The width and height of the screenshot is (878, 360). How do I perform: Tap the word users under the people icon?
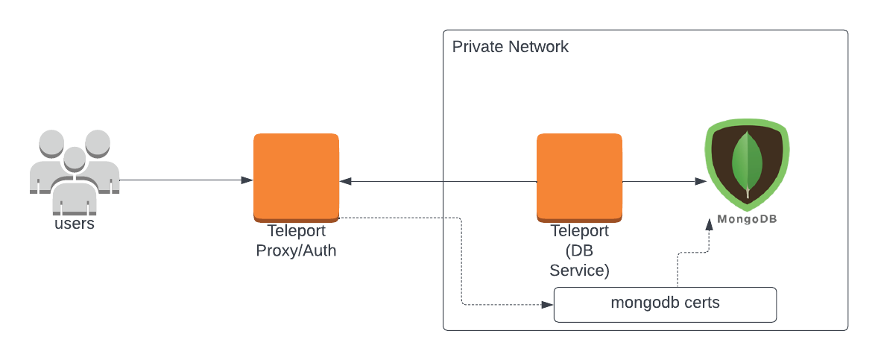tap(75, 223)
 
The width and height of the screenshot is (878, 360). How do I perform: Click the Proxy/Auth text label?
tap(296, 250)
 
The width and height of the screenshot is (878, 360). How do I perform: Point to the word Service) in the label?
tap(579, 270)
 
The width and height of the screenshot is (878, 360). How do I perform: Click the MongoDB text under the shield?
tap(747, 219)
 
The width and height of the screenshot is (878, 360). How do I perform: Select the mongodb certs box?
tap(665, 305)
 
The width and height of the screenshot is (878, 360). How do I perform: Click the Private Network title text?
tap(511, 47)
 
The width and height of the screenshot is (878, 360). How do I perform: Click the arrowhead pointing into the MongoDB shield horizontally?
tap(701, 181)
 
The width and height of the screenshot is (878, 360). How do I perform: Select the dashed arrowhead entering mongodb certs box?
tap(548, 305)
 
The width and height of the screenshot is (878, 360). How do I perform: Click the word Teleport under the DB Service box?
tap(579, 231)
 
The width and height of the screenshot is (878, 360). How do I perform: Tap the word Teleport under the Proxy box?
tap(296, 231)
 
